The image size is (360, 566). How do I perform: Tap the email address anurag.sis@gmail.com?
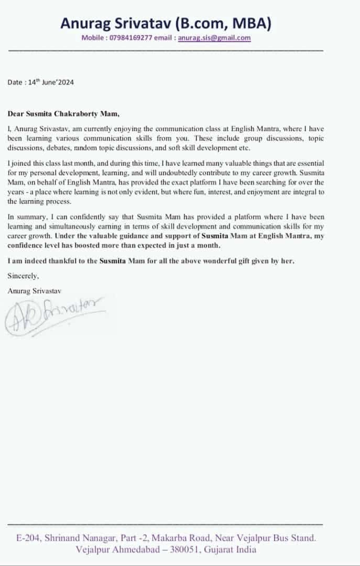214,38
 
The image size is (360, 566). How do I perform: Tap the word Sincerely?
23,275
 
